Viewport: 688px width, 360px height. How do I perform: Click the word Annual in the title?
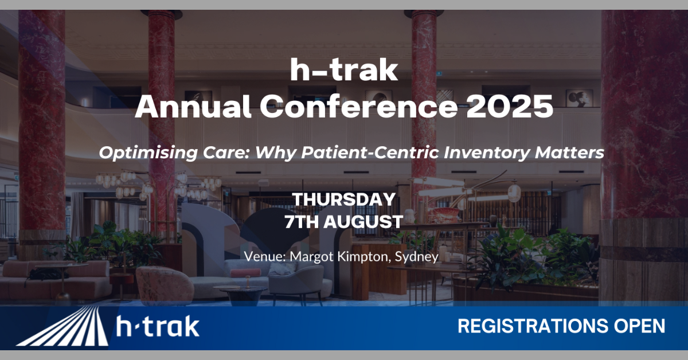pos(193,106)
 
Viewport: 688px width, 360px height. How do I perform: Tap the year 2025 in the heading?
pos(510,106)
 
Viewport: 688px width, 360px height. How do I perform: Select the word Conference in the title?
pos(359,106)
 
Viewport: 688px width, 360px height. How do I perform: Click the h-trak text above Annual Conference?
pos(344,71)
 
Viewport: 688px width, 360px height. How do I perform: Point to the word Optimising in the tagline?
pos(148,152)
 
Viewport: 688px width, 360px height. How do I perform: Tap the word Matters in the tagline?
pos(569,152)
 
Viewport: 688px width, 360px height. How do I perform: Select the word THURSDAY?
pos(343,199)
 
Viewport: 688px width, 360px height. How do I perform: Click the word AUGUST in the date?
pos(363,222)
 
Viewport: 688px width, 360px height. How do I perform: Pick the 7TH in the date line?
pos(302,222)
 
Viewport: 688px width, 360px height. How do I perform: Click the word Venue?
pos(265,257)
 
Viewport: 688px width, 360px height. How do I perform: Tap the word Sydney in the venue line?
pos(416,257)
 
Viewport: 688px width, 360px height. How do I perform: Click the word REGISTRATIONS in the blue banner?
pos(533,326)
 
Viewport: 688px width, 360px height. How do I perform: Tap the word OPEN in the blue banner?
pos(639,326)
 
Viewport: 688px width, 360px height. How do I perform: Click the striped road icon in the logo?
pos(62,326)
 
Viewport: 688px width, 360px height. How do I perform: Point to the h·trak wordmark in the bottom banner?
pos(158,327)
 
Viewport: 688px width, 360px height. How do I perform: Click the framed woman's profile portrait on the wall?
pos(579,98)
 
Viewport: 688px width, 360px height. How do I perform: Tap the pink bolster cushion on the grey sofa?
pos(245,273)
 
